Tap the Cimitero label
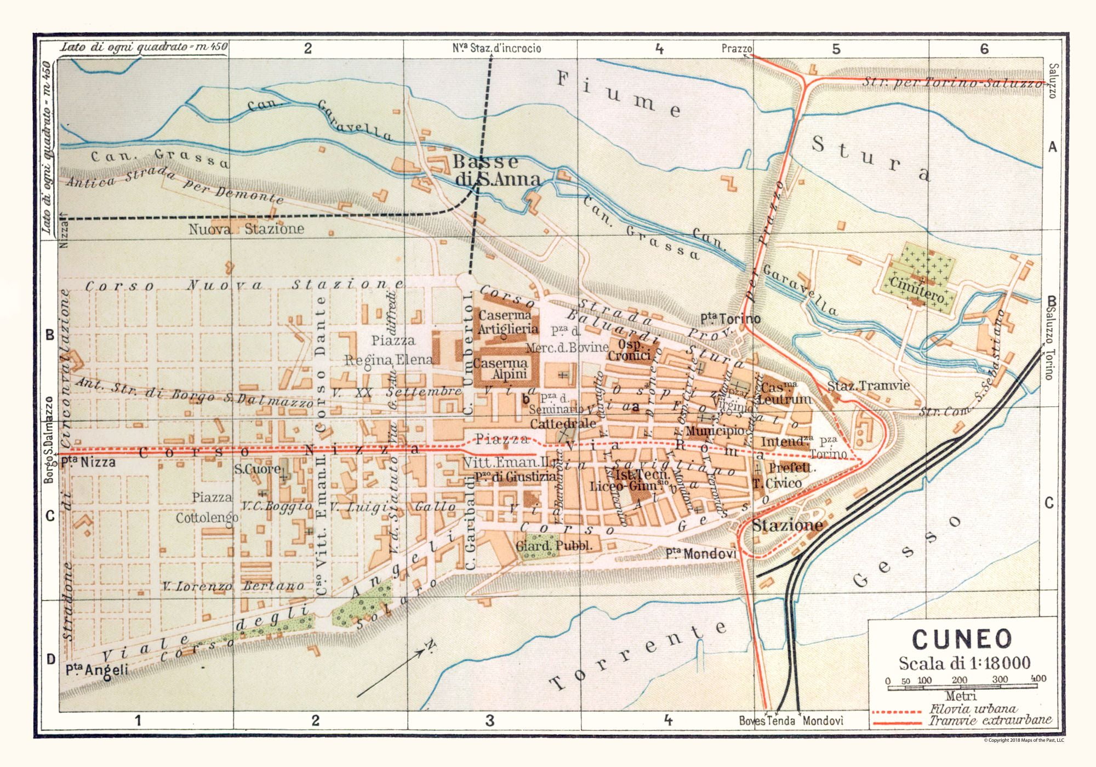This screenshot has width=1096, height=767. point(916,291)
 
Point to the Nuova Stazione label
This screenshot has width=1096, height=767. point(246,229)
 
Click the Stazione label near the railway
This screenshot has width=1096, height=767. point(787,526)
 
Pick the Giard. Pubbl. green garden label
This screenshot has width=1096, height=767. point(553,546)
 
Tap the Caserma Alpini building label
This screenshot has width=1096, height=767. point(501,368)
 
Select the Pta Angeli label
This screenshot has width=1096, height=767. point(97,670)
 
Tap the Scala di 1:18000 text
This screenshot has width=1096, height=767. point(964,663)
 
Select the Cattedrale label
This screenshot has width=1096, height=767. point(563,424)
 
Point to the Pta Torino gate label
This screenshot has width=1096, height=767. point(730,319)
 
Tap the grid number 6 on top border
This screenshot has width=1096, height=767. point(984,49)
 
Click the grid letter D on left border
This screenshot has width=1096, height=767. point(50,659)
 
